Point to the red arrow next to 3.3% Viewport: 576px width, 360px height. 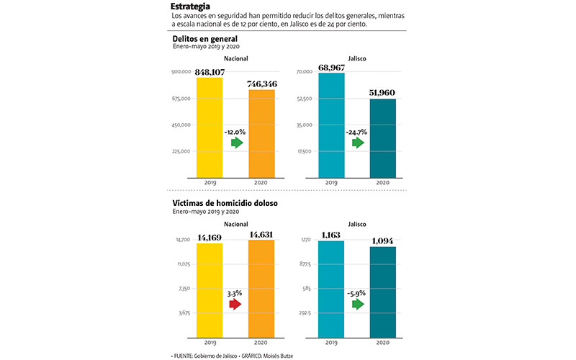(235, 305)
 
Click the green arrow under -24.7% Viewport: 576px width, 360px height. (358, 143)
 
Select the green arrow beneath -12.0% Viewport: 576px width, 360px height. (236, 143)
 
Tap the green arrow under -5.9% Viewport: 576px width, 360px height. (358, 305)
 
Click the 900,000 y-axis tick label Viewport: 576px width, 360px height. (181, 72)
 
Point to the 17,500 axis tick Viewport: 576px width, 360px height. (302, 151)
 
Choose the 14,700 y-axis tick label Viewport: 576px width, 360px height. (182, 240)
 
